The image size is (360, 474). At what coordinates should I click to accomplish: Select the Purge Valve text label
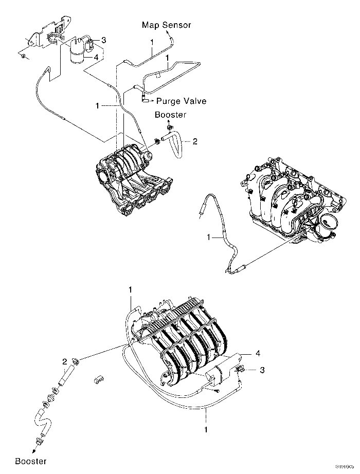click(182, 101)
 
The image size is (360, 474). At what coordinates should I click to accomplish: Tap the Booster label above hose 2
click(170, 115)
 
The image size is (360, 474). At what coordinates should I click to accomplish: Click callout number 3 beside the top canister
click(103, 40)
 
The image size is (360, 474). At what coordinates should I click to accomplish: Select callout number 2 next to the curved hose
click(195, 140)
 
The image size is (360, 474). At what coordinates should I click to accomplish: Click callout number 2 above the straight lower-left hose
click(65, 361)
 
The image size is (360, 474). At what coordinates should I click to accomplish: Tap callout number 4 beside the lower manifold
click(258, 353)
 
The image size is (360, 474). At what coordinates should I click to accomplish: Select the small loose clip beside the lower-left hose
click(98, 380)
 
